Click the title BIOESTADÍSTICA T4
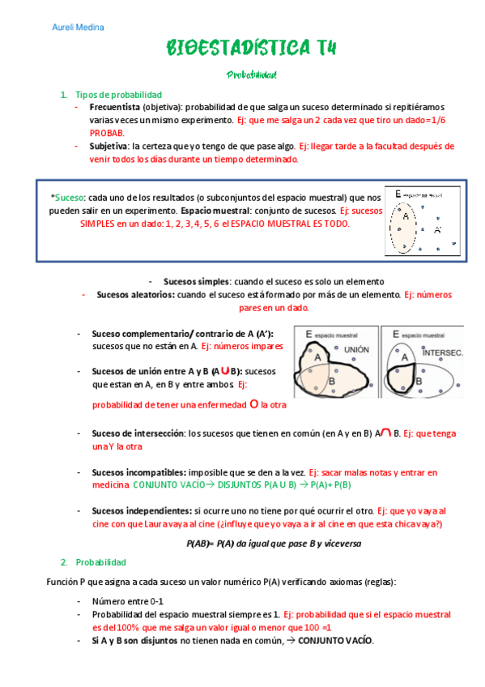point(251,49)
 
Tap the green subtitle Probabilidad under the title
point(252,75)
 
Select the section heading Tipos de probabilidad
point(118,95)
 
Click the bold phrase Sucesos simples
point(197,281)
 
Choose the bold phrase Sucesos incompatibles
point(139,472)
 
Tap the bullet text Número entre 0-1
point(127,601)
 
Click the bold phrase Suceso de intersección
point(138,433)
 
